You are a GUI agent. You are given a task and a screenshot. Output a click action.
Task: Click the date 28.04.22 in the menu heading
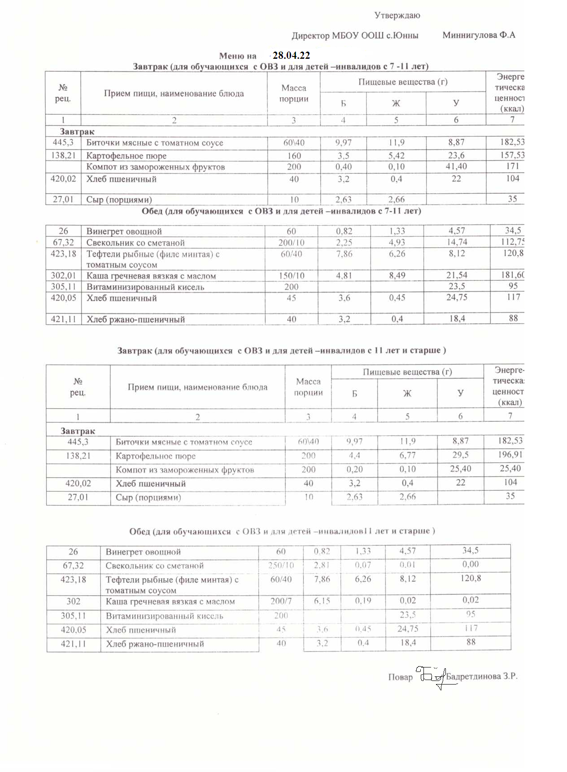(x=291, y=56)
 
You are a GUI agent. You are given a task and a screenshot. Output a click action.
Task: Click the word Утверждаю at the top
(x=397, y=16)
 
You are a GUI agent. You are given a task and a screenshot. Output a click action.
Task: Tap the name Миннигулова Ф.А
(x=479, y=35)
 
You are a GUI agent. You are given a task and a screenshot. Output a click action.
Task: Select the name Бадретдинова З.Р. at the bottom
(x=481, y=676)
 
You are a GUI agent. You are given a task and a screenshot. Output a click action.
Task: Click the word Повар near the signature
(x=400, y=677)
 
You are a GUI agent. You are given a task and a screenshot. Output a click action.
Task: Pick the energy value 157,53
(x=512, y=155)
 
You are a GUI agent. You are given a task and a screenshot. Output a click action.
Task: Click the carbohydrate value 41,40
(x=456, y=166)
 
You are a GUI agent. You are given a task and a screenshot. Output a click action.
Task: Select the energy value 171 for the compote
(x=512, y=166)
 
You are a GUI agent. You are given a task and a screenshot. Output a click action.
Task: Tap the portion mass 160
(x=294, y=156)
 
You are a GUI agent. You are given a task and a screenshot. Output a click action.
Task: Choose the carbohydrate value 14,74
(x=457, y=242)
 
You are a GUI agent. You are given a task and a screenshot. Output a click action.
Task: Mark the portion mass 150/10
(x=292, y=275)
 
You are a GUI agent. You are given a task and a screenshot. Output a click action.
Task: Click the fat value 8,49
(x=397, y=275)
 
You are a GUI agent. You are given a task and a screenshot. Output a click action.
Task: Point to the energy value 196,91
(x=510, y=454)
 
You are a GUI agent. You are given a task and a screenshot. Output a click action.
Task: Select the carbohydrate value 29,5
(x=460, y=455)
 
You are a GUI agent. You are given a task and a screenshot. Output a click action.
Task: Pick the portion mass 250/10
(x=281, y=565)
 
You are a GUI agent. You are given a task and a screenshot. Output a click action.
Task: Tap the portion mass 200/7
(x=281, y=601)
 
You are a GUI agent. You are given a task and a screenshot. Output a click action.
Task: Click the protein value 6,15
(x=322, y=601)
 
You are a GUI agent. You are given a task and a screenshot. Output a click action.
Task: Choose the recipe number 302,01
(x=63, y=275)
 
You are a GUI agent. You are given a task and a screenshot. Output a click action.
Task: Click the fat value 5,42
(x=396, y=156)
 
